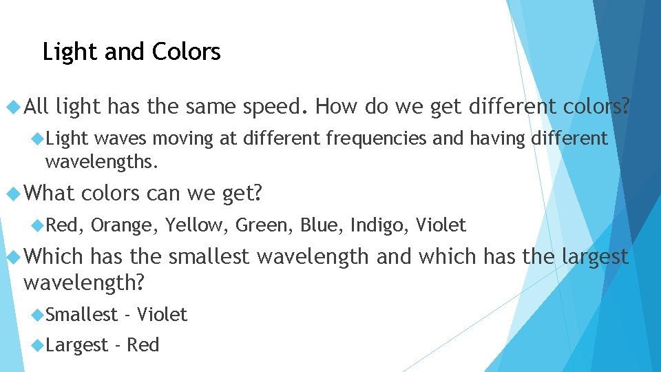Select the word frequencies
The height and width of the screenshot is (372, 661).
click(377, 139)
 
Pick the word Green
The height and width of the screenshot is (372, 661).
click(264, 225)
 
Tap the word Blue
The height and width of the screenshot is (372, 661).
click(320, 225)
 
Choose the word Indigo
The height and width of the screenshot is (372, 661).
click(379, 225)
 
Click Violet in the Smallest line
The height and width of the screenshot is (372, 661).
click(162, 315)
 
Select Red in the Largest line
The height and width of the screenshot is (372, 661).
click(143, 344)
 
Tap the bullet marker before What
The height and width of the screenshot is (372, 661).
click(12, 194)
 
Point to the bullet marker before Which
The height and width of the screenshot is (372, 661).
click(12, 257)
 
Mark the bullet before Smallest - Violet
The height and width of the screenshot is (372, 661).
click(37, 315)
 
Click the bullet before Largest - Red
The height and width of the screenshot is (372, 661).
click(37, 344)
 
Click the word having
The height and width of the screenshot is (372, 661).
click(498, 139)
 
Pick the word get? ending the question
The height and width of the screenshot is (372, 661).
click(242, 194)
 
